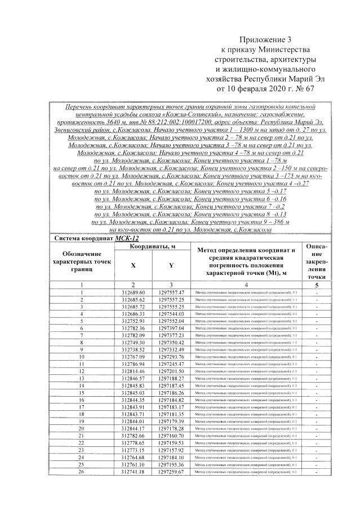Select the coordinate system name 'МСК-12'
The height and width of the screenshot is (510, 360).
127,238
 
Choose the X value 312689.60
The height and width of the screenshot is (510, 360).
134,292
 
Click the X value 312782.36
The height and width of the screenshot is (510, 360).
134,328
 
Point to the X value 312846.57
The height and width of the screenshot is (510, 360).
134,378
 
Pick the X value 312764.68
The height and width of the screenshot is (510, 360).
134,457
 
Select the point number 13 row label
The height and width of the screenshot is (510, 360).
82,378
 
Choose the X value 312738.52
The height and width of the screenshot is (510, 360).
134,349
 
